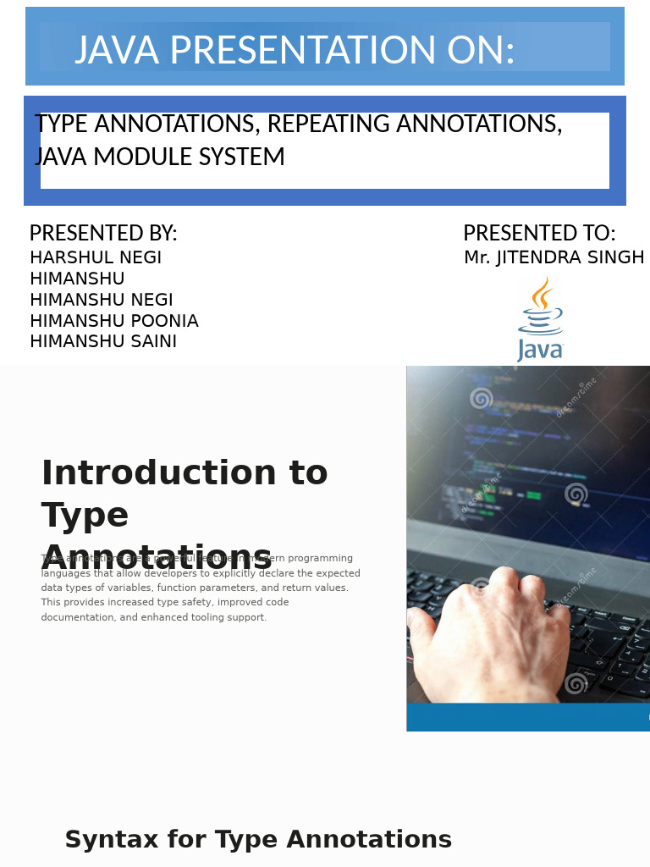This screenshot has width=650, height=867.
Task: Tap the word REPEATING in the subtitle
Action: (328, 124)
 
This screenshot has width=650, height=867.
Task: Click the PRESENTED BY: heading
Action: (103, 233)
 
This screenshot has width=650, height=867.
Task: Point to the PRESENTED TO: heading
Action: (539, 233)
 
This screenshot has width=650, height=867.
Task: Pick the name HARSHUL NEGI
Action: (96, 257)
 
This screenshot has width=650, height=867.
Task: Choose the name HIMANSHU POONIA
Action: (114, 321)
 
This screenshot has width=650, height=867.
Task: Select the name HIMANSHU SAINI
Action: (103, 341)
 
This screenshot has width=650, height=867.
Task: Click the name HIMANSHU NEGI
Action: (102, 300)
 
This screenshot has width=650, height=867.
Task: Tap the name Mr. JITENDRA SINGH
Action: (554, 257)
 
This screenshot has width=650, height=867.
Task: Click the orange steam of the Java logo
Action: (542, 294)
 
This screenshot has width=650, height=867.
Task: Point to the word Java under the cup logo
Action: (540, 349)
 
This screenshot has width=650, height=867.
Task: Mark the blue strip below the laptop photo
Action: (528, 716)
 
